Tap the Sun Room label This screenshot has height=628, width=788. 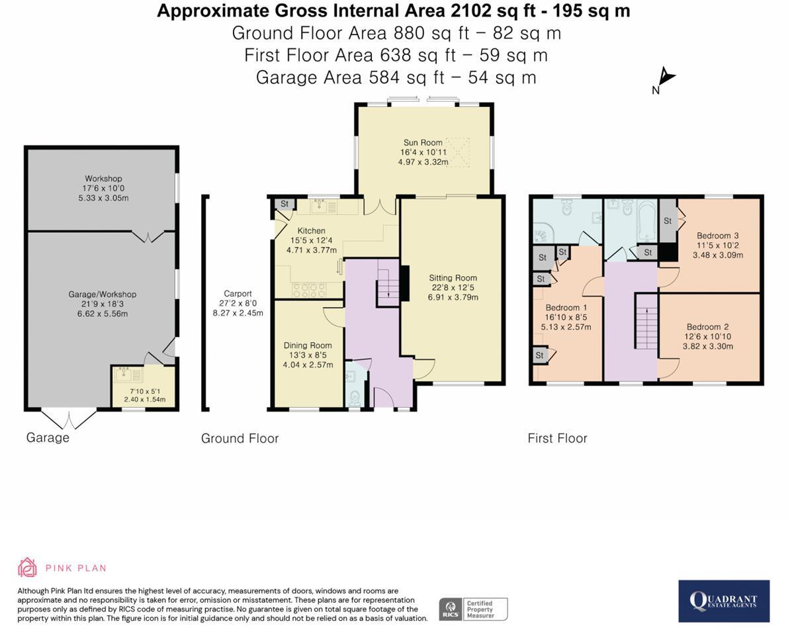[423, 142]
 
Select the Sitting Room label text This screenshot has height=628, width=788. [453, 277]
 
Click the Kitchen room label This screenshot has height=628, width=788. [311, 230]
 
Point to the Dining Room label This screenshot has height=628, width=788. [308, 345]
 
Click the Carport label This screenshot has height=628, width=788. [238, 294]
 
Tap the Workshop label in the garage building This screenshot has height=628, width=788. [103, 179]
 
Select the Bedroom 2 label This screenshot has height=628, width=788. [707, 327]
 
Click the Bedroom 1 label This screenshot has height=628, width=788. [566, 307]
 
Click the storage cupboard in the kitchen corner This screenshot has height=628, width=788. [284, 204]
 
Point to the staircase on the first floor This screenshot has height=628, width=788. [647, 322]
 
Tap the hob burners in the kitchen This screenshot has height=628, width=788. [308, 290]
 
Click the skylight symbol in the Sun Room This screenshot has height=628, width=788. [455, 152]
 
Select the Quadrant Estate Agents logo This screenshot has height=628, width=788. [724, 602]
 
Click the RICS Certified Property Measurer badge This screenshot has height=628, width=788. [474, 609]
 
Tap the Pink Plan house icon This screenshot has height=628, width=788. [27, 567]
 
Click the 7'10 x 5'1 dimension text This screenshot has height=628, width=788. [146, 391]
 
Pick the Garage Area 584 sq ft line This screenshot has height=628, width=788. [396, 77]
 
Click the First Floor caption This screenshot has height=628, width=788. [557, 439]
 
